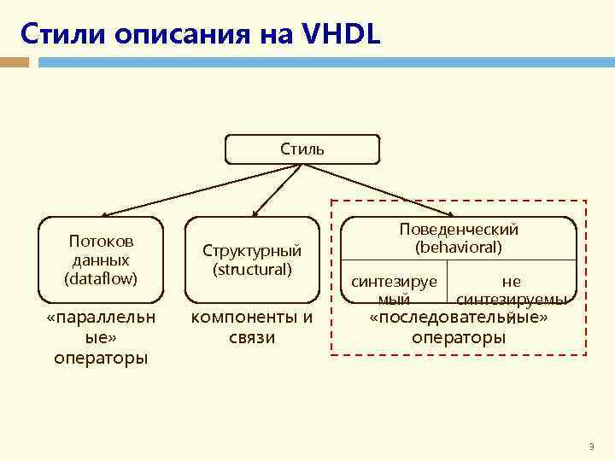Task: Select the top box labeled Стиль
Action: (x=302, y=149)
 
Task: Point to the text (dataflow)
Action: (x=101, y=277)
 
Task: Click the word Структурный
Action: (x=252, y=251)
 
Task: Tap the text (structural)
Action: (x=252, y=269)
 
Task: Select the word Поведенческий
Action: (x=459, y=230)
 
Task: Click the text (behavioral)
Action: (x=459, y=248)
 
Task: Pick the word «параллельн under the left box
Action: (x=101, y=318)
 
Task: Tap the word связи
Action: (x=251, y=337)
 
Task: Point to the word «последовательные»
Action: (x=459, y=318)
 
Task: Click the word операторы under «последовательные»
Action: (x=459, y=337)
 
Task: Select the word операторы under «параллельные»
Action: (x=101, y=357)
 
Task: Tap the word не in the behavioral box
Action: (x=511, y=282)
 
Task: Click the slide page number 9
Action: (x=591, y=447)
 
